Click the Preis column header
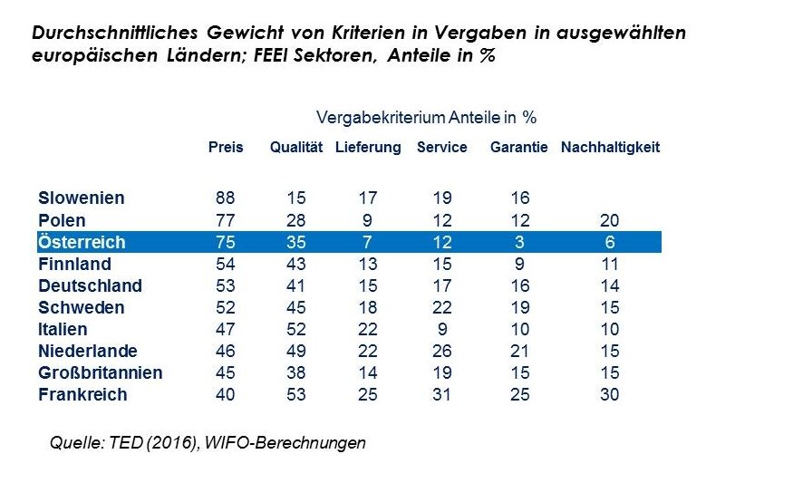tap(226, 148)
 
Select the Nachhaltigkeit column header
tap(610, 148)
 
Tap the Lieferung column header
tap(368, 148)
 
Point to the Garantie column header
tap(518, 148)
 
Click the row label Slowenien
tap(82, 198)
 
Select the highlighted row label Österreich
tap(82, 242)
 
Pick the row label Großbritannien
tap(101, 373)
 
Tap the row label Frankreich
tap(82, 395)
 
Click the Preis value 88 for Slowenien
tap(226, 198)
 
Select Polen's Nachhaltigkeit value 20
tap(610, 220)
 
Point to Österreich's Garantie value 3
tap(518, 242)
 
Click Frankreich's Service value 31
tap(441, 395)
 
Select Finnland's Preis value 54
tap(226, 264)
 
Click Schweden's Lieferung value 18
tap(368, 308)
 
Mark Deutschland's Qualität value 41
tap(296, 285)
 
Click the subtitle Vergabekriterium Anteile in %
tap(428, 118)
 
